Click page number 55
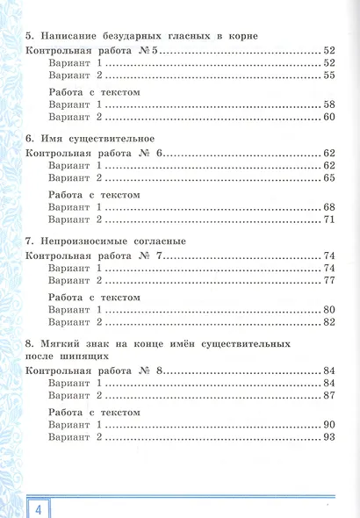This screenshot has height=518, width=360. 328,76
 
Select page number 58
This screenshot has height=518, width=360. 328,104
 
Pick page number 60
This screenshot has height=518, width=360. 328,117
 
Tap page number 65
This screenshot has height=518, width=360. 328,178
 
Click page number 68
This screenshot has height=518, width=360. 328,205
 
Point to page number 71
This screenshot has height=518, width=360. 328,219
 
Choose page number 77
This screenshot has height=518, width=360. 328,280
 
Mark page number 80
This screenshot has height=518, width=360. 328,308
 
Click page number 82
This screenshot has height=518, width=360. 328,321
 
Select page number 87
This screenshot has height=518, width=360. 328,397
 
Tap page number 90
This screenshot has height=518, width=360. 328,424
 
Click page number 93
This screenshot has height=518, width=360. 328,437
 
